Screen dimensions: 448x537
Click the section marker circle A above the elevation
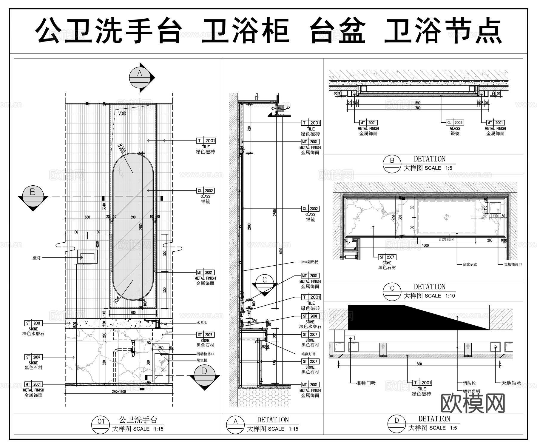[140, 77]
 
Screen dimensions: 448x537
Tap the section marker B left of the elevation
[33, 195]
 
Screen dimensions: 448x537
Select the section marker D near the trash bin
[204, 375]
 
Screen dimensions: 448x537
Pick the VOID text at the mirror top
[122, 113]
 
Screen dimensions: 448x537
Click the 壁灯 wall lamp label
[36, 258]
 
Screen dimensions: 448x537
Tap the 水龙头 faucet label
[202, 323]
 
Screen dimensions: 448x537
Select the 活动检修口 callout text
[205, 354]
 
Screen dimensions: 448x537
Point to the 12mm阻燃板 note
[309, 262]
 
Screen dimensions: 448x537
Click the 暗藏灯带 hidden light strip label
[308, 354]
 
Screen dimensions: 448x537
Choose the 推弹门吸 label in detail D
[366, 383]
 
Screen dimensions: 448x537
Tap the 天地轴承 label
[511, 383]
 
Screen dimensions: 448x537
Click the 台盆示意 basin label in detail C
[470, 264]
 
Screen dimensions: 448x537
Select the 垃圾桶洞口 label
[513, 264]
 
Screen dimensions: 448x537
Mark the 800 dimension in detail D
[419, 364]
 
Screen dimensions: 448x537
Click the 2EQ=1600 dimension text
[119, 392]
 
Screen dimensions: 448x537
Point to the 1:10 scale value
[450, 296]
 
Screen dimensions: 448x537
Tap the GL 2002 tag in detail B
[455, 123]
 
